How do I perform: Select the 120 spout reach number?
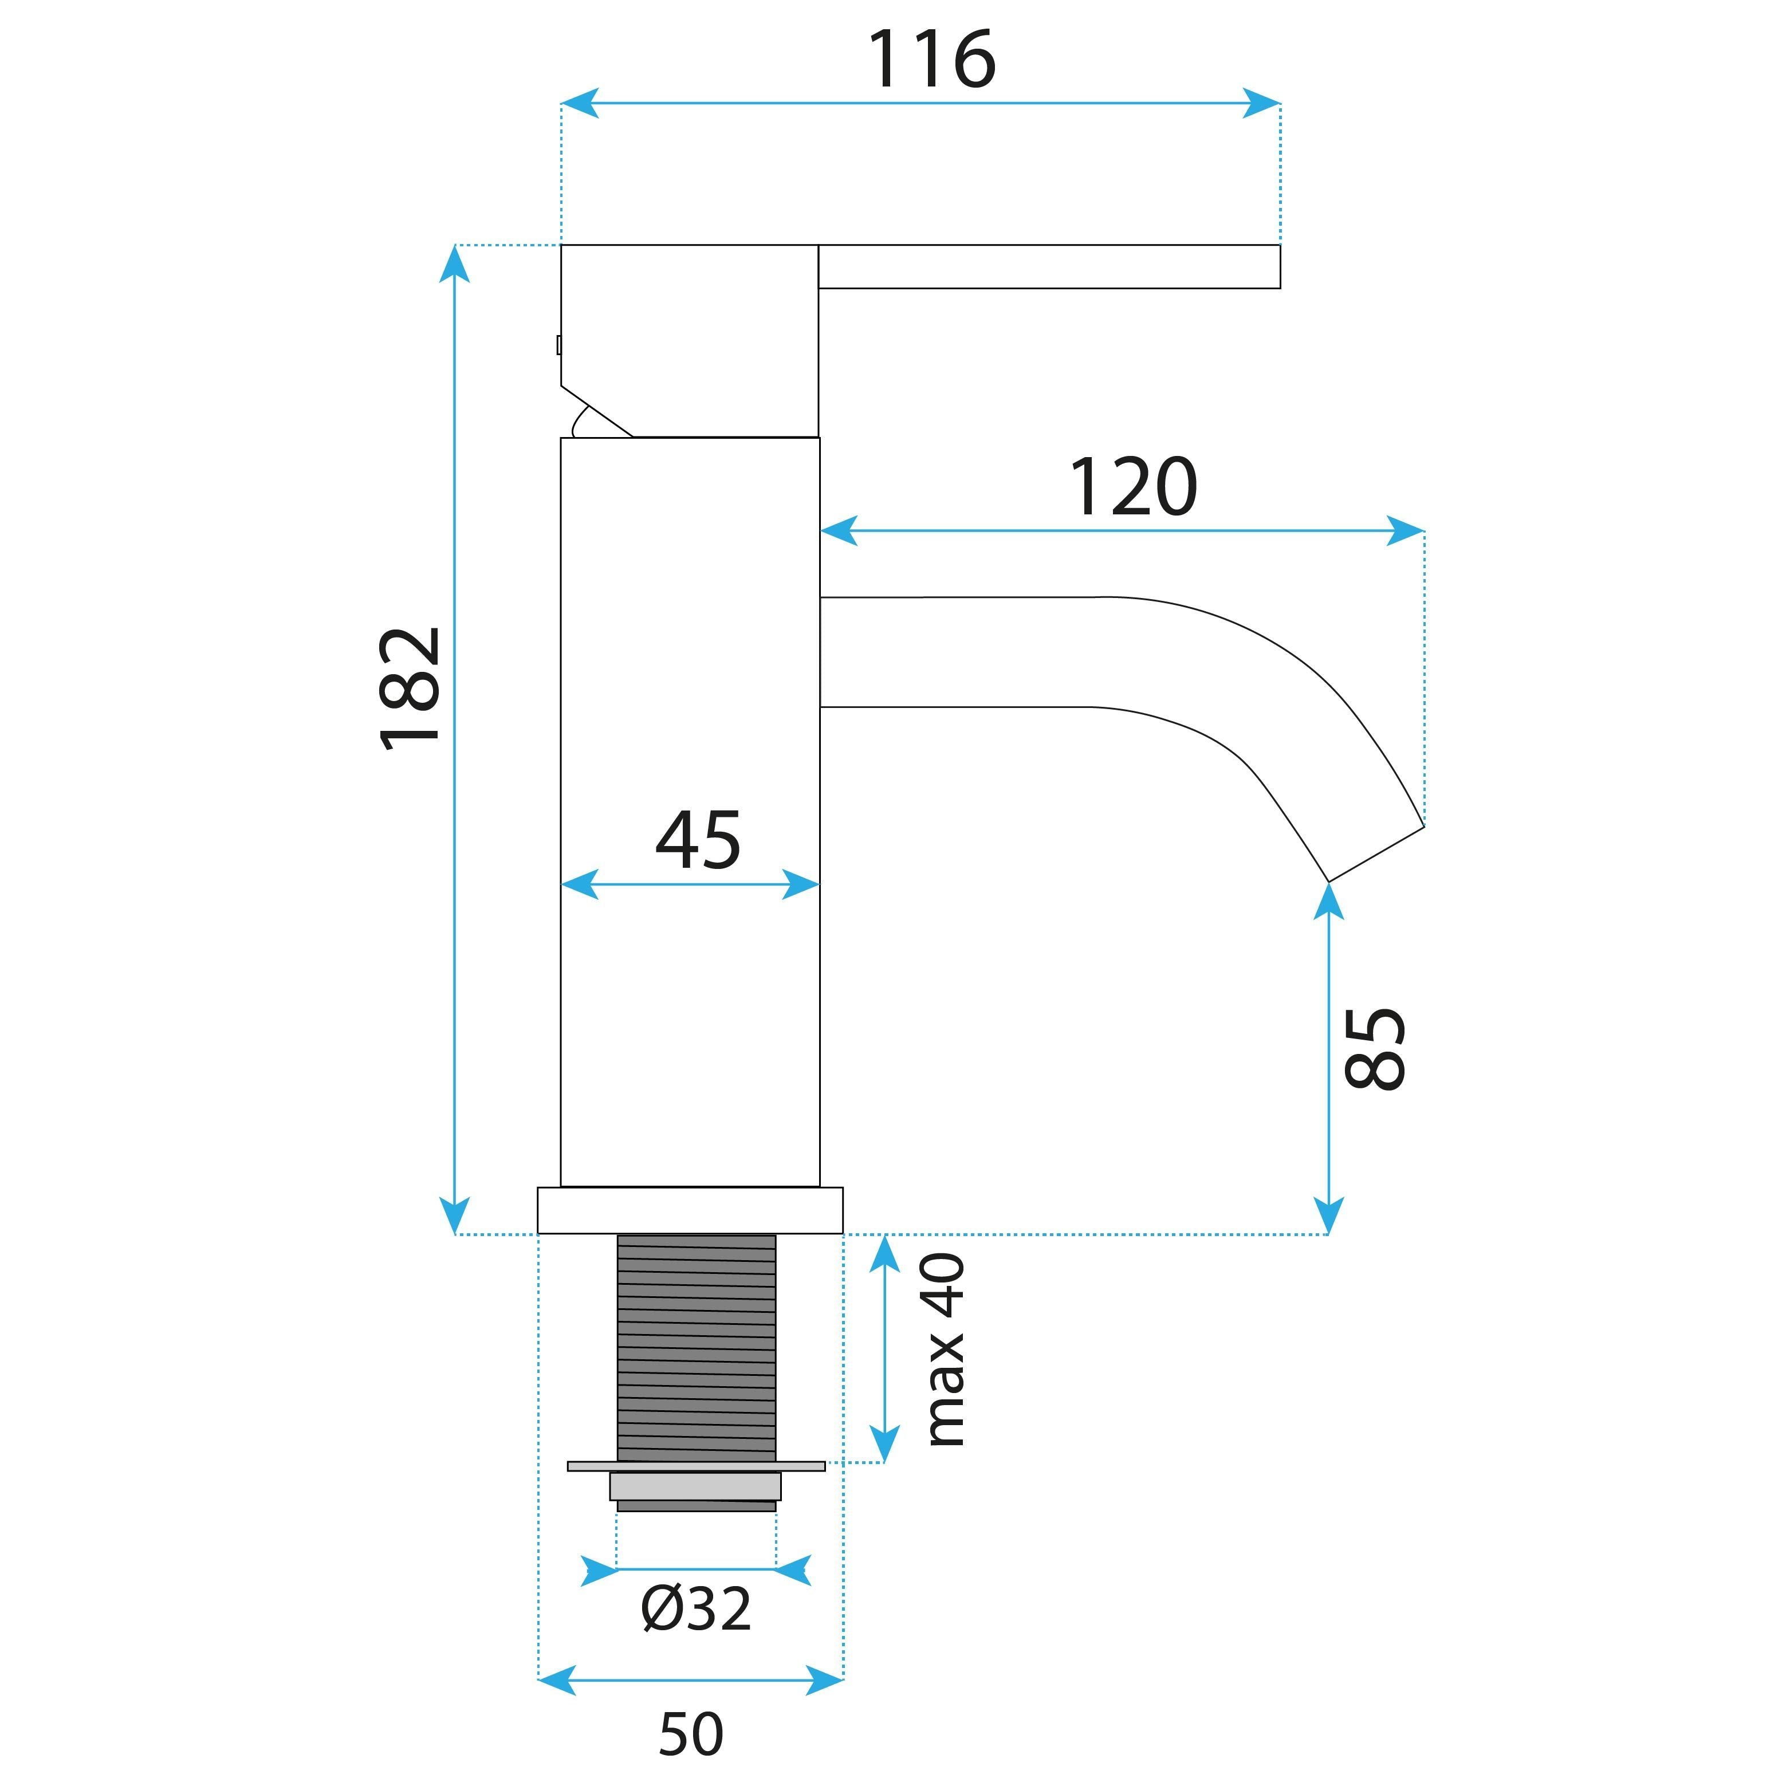click(x=1132, y=487)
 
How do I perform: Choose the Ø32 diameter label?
click(x=696, y=1610)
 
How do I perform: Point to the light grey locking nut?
click(x=695, y=1486)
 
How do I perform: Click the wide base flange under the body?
click(x=690, y=1210)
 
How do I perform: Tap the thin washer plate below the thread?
click(x=696, y=1466)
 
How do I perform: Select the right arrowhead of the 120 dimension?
click(x=1405, y=531)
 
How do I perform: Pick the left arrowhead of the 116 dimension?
click(x=580, y=103)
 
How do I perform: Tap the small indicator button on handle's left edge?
click(x=558, y=345)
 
